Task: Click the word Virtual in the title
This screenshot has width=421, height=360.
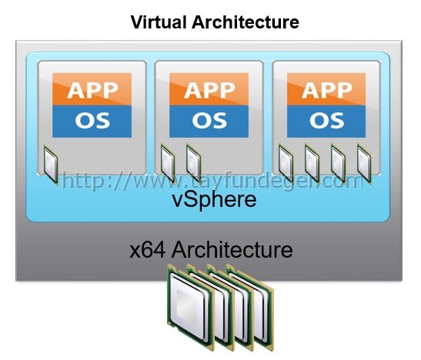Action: click(x=159, y=22)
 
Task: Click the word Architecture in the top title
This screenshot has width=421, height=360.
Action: click(x=246, y=22)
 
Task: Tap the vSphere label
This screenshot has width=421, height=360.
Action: click(x=214, y=199)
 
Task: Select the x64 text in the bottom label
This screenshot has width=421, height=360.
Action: click(x=147, y=250)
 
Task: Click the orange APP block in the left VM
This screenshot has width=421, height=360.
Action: click(x=92, y=89)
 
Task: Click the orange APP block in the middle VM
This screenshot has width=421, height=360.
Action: click(x=209, y=89)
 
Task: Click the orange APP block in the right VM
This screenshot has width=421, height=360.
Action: click(x=326, y=89)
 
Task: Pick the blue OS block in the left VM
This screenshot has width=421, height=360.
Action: click(x=92, y=122)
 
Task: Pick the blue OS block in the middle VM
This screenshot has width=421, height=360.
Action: click(x=209, y=122)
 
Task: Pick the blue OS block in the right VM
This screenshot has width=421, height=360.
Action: click(x=326, y=122)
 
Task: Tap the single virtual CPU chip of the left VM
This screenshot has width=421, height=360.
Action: click(x=51, y=165)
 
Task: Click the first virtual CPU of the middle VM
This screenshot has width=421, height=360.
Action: click(x=168, y=163)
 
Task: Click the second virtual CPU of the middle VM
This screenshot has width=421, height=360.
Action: click(x=194, y=163)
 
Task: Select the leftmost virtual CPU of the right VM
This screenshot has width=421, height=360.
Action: click(x=286, y=163)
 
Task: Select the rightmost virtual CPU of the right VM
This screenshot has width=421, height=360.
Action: click(x=364, y=163)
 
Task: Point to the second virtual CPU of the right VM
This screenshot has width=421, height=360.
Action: click(x=312, y=163)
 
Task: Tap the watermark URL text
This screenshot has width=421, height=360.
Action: click(x=212, y=181)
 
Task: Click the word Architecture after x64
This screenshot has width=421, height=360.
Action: click(x=232, y=250)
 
